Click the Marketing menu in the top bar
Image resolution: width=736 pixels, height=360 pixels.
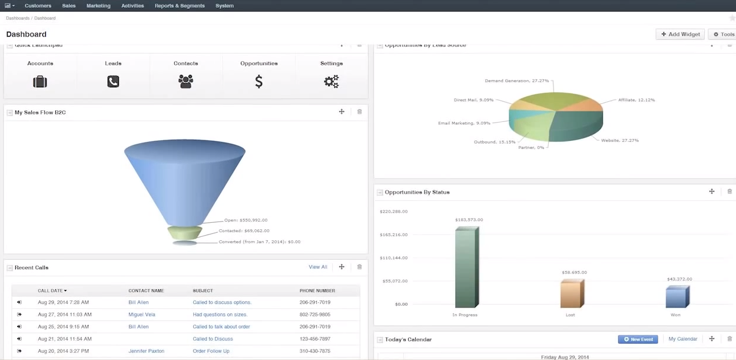pyautogui.click(x=98, y=6)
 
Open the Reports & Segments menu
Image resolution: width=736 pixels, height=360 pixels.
pyautogui.click(x=180, y=6)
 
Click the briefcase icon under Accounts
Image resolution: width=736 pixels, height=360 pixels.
pyautogui.click(x=40, y=82)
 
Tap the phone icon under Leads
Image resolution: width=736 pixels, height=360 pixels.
pyautogui.click(x=113, y=82)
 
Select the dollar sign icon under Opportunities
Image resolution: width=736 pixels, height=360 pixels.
pyautogui.click(x=259, y=82)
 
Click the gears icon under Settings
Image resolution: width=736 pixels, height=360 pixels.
pyautogui.click(x=331, y=82)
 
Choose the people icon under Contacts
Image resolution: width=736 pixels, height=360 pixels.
pyautogui.click(x=186, y=82)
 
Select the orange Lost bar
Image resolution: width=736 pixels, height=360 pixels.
pyautogui.click(x=571, y=293)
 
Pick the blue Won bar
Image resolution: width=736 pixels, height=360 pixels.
pyautogui.click(x=677, y=297)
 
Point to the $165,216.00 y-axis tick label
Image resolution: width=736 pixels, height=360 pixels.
pyautogui.click(x=393, y=235)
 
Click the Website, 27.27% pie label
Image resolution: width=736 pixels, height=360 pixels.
pyautogui.click(x=619, y=140)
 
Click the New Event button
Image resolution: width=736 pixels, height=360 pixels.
pyautogui.click(x=638, y=339)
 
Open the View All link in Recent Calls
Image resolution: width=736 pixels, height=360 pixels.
pyautogui.click(x=318, y=267)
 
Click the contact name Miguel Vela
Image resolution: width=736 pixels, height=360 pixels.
pyautogui.click(x=142, y=315)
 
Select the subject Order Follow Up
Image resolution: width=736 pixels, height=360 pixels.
pyautogui.click(x=211, y=351)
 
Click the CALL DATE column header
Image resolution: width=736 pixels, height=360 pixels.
pyautogui.click(x=52, y=290)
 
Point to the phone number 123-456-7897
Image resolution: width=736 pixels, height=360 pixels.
pyautogui.click(x=314, y=339)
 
